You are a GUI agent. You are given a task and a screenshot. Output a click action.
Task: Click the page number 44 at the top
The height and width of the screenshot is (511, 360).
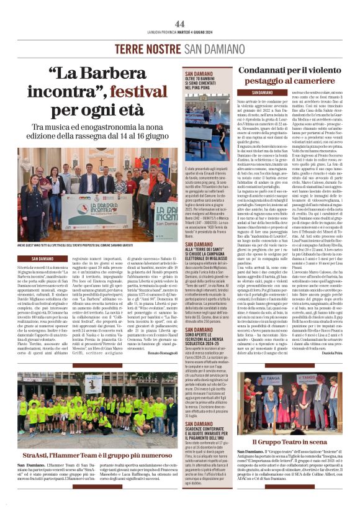[180, 23]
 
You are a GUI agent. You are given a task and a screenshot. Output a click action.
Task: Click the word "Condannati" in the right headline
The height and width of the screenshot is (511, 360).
[269, 70]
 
